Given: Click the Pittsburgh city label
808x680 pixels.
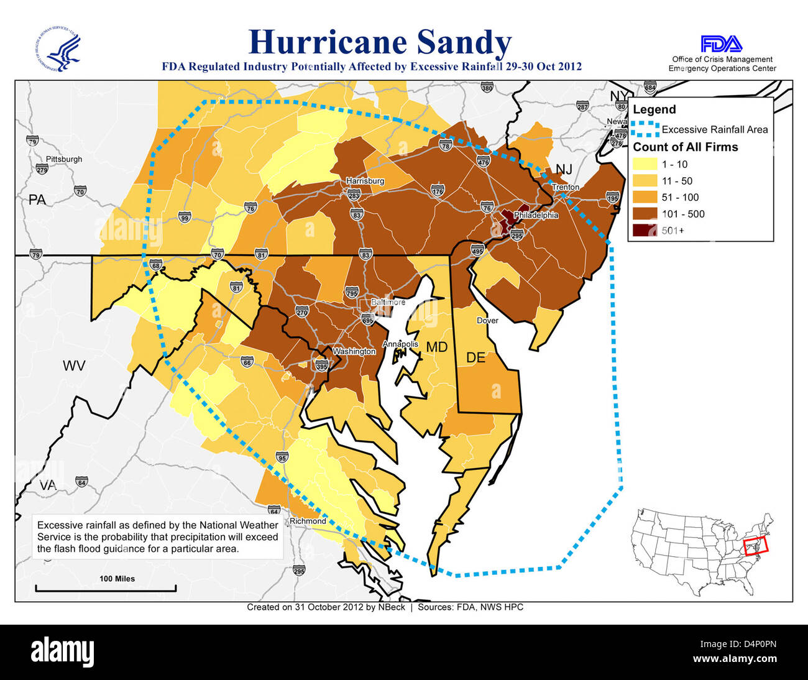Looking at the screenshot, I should click(63, 159).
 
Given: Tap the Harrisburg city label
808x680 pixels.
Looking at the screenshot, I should click(365, 181).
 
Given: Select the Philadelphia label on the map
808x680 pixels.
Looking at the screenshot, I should click(536, 216).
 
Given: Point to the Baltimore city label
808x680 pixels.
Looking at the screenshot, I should click(388, 302).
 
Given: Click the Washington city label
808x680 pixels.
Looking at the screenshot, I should click(354, 351).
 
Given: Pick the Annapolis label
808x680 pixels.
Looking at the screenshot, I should click(400, 344).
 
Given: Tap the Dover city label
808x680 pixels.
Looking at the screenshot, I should click(487, 321).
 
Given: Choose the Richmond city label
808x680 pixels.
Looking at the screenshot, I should click(308, 521).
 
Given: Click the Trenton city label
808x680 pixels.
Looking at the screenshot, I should click(565, 187).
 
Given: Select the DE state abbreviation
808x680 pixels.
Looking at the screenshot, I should click(475, 358).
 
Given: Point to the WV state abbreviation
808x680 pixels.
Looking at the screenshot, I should click(73, 365).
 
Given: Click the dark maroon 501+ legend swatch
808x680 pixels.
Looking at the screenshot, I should click(645, 231).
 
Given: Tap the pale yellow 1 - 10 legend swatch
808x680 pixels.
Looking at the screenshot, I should click(645, 165).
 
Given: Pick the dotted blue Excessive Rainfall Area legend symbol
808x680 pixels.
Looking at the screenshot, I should click(645, 129).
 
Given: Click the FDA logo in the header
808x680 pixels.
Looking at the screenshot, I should click(721, 44).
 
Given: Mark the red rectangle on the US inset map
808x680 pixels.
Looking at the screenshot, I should click(756, 546).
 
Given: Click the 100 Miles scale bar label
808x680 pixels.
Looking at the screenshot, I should click(117, 579).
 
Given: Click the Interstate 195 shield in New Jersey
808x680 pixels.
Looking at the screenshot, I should click(612, 198).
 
